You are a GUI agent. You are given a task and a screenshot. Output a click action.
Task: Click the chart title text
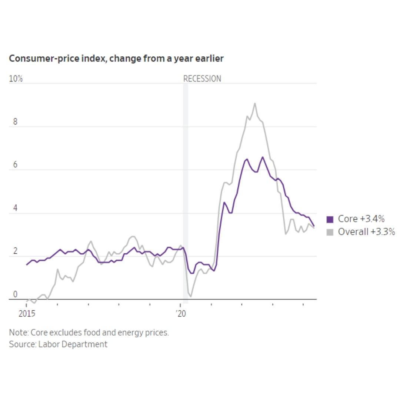116,59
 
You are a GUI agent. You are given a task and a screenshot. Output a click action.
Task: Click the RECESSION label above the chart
202,79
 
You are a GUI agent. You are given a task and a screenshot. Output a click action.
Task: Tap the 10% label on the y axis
16,79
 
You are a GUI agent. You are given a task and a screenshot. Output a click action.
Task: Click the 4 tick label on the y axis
15,208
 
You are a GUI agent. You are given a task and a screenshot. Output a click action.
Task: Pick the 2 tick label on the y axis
15,251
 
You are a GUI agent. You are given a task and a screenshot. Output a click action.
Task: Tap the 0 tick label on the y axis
15,294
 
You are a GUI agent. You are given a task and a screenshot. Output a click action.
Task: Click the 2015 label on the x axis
27,314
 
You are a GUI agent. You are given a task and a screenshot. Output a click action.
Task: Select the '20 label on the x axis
180,314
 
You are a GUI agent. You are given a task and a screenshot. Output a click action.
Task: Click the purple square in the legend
330,219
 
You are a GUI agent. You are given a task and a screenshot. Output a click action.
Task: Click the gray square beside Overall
330,233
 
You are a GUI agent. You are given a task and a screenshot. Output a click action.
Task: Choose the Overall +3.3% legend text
366,232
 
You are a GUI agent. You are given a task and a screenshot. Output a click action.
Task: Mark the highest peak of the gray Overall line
255,103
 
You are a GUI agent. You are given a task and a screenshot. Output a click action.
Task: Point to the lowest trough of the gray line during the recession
191,296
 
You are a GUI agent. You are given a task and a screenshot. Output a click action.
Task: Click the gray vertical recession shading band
186,185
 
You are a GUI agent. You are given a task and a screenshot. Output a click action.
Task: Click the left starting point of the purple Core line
27,265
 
